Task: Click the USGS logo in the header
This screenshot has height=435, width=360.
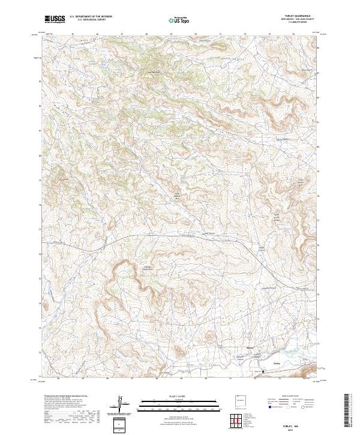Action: [55, 19]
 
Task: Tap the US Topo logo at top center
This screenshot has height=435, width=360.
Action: [179, 20]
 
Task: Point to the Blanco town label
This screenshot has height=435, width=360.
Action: [251, 347]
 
